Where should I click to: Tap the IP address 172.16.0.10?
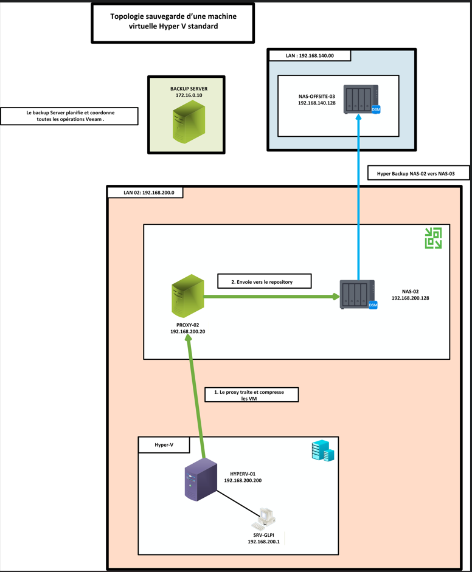[189, 96]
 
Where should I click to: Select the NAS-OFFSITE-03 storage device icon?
[361, 99]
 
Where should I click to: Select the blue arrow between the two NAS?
[358, 195]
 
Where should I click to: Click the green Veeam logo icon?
[433, 238]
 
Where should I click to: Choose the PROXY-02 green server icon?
[187, 296]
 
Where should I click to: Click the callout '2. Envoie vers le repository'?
[264, 280]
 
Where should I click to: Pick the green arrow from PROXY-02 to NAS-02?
[271, 297]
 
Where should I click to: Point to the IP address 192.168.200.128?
[411, 298]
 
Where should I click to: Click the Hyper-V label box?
[164, 445]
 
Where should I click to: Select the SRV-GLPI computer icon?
[266, 517]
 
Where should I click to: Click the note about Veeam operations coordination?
[70, 116]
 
